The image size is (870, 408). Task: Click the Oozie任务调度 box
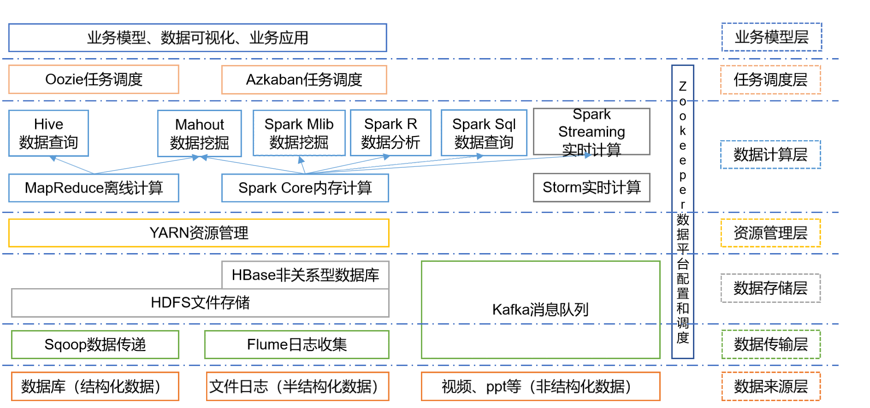point(94,80)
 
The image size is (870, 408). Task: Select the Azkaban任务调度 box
point(304,80)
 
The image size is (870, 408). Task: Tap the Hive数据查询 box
point(48,133)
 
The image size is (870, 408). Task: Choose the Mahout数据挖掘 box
point(199,134)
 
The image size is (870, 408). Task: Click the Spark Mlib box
point(299,133)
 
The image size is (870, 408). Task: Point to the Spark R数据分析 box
point(391,133)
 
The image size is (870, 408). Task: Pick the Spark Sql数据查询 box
point(484,133)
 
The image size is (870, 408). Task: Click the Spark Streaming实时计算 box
point(592,132)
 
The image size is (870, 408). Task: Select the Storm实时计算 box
point(592,188)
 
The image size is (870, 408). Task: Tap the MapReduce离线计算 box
point(94,188)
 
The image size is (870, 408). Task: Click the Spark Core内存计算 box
point(305,188)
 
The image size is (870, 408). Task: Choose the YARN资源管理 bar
point(199,233)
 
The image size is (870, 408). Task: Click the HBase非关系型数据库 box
point(305,275)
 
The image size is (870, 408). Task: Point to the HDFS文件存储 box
point(200,303)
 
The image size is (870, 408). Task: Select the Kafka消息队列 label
point(540,309)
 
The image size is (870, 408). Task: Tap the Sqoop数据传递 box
point(95,344)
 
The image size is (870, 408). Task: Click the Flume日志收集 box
point(296,344)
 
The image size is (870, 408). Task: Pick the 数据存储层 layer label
point(770,288)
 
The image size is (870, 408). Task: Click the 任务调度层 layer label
point(770,80)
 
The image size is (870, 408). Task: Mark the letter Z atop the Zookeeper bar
point(683,86)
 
